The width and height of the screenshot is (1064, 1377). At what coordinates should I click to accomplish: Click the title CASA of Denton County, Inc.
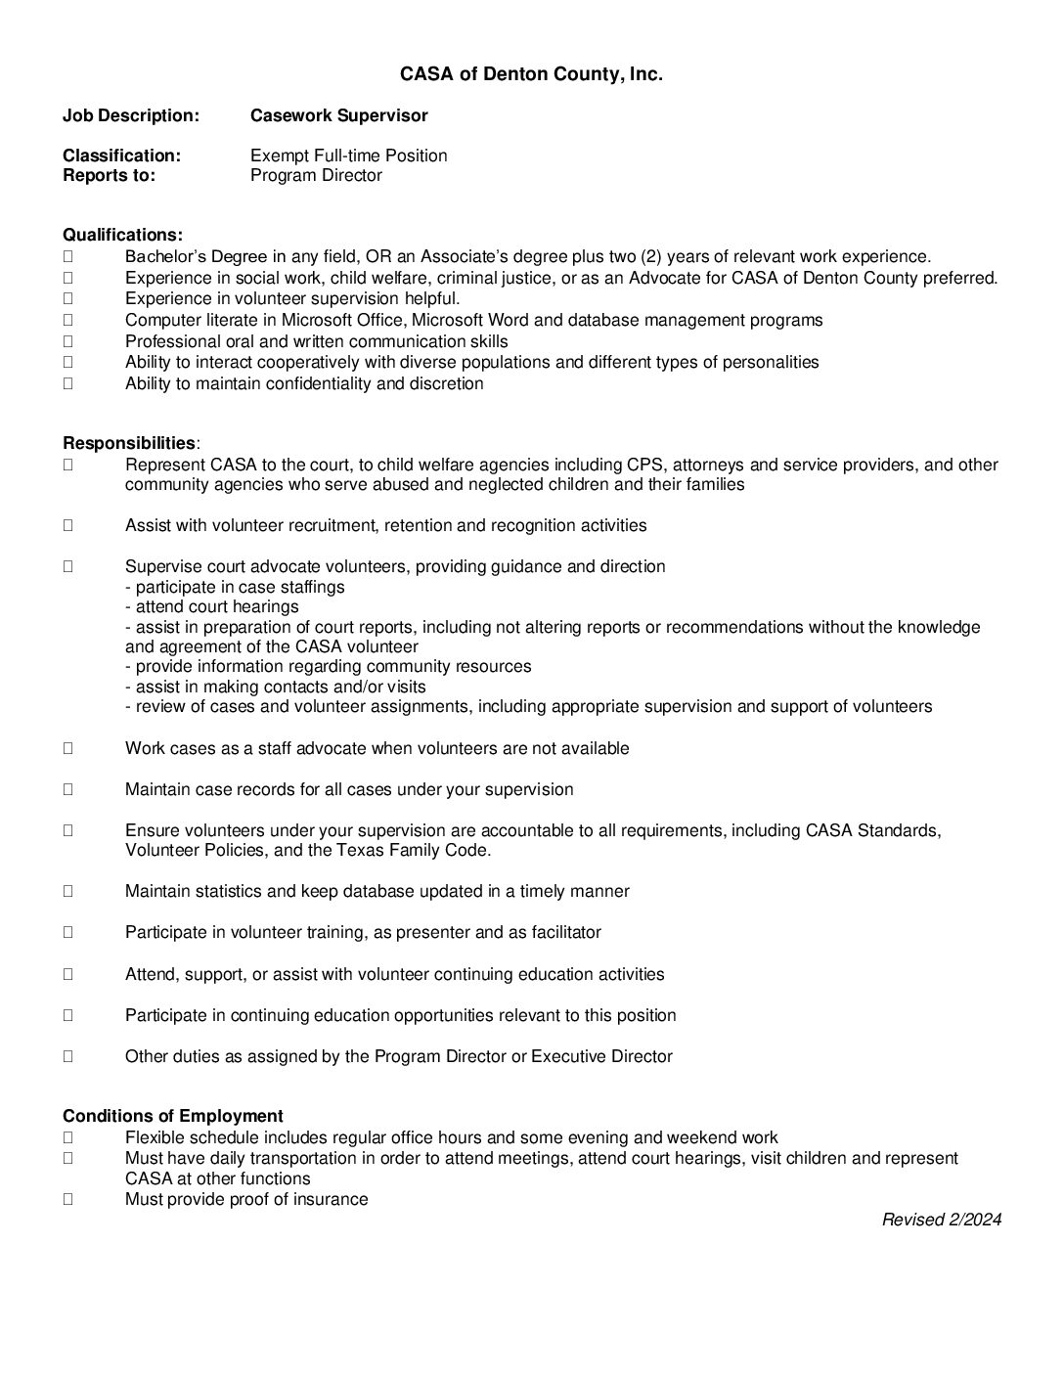(x=531, y=74)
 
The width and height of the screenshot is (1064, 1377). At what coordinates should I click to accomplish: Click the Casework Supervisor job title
(x=338, y=115)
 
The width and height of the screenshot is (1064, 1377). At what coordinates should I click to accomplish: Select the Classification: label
(x=121, y=155)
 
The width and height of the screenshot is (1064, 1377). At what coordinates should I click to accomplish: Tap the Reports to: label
(x=109, y=176)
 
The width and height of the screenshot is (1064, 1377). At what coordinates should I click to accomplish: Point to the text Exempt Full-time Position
(x=348, y=155)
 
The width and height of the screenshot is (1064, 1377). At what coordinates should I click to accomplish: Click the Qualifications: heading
(x=122, y=235)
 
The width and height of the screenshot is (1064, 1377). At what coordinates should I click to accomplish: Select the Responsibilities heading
(x=129, y=443)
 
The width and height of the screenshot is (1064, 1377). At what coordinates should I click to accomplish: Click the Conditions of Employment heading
(x=173, y=1116)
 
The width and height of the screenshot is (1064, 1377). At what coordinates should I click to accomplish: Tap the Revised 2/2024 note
(x=941, y=1220)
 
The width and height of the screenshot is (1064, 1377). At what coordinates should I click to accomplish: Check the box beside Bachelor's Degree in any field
(x=68, y=257)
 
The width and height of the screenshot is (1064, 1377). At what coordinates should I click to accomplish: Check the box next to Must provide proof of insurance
(x=68, y=1199)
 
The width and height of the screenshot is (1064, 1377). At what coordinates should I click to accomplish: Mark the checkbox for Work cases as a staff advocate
(x=68, y=748)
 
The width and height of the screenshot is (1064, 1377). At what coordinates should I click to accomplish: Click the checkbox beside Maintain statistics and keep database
(x=68, y=891)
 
